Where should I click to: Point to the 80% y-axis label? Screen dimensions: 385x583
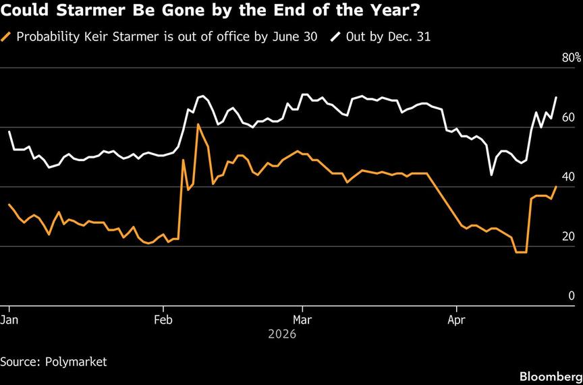[570, 58]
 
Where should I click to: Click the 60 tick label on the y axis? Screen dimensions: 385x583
[568, 117]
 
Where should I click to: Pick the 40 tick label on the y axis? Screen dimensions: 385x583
[568, 177]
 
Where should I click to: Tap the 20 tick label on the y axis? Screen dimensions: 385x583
[568, 236]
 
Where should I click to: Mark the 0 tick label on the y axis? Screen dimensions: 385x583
[571, 295]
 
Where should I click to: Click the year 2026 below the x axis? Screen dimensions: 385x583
[282, 334]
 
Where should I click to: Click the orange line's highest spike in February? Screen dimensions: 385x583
[198, 124]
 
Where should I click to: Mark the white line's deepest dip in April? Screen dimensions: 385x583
[491, 175]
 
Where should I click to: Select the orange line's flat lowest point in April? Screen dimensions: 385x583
[520, 252]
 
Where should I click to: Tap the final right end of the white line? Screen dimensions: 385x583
[557, 97]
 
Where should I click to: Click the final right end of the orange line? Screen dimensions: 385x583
[557, 187]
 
